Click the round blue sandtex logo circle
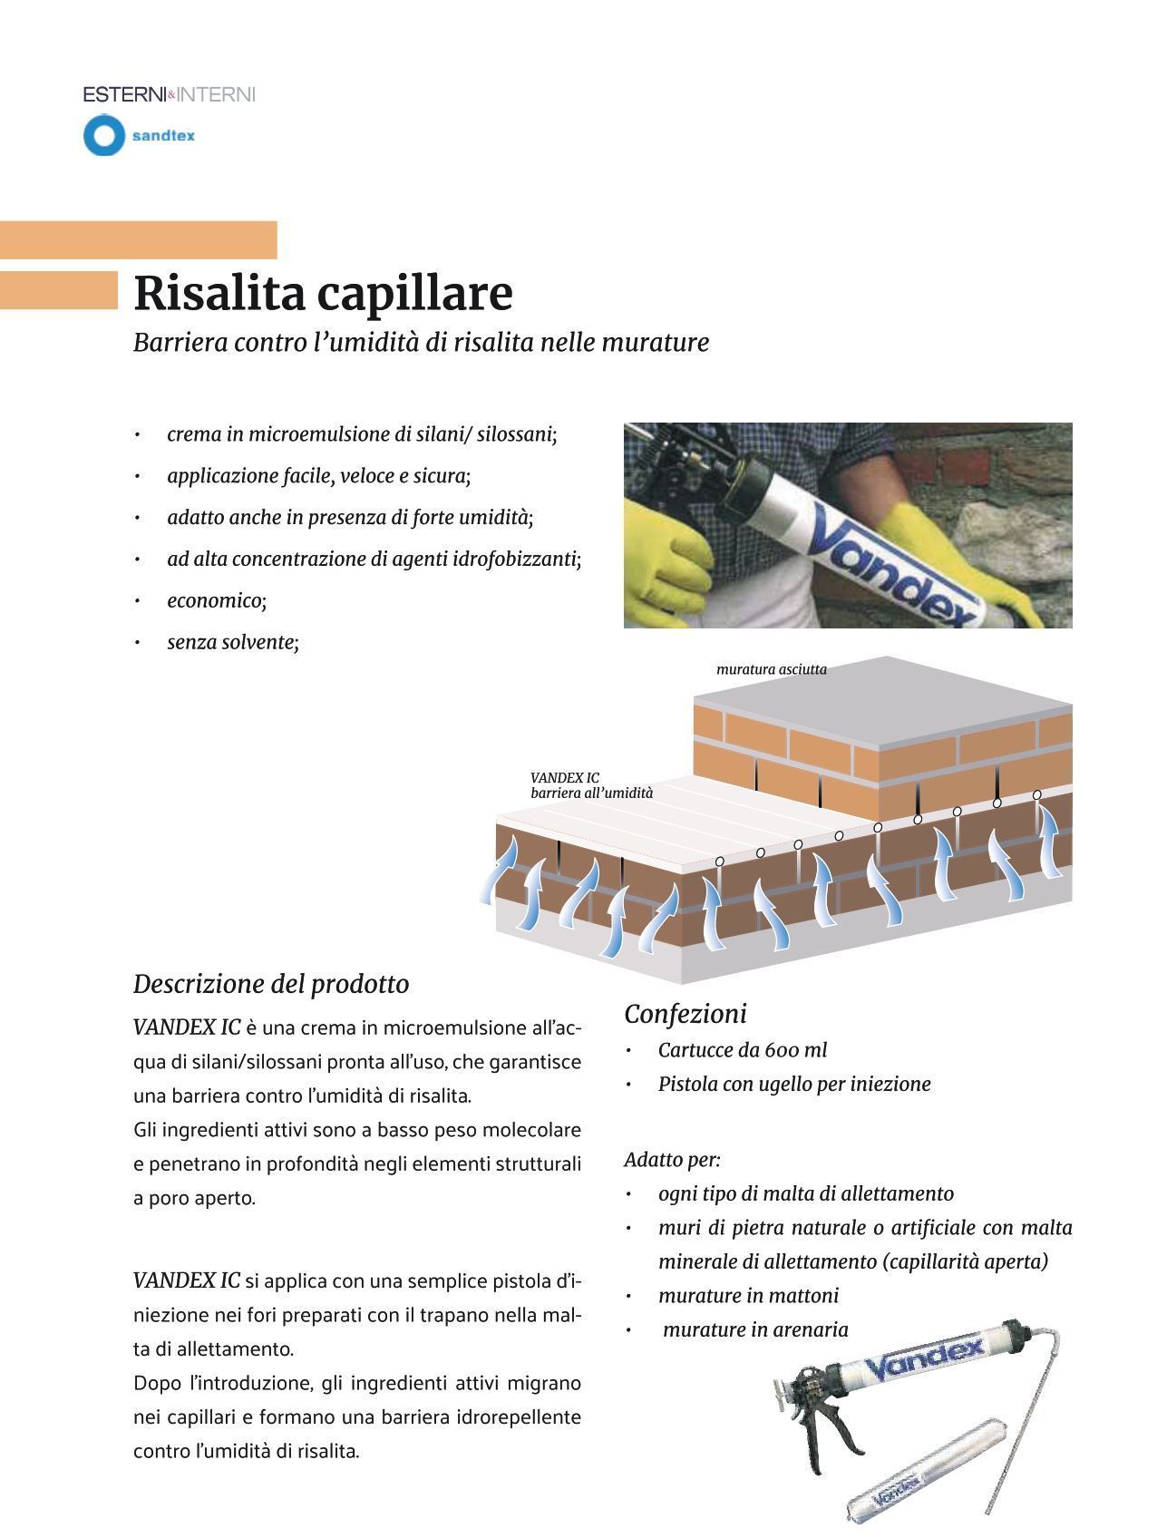[103, 136]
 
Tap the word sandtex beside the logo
[163, 136]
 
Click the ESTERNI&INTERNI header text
[169, 94]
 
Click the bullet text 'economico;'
[217, 600]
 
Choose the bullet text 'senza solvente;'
[233, 642]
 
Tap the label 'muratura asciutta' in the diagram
[771, 669]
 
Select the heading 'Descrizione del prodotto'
[271, 984]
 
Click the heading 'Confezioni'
[685, 1014]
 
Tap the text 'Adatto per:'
[672, 1159]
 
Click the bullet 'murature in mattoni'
[748, 1295]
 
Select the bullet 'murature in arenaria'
[755, 1329]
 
